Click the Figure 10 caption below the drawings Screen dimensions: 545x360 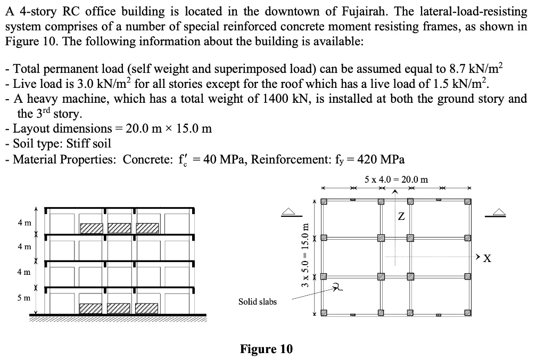[x=266, y=349]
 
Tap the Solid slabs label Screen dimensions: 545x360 [x=258, y=302]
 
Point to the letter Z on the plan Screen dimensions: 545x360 [x=401, y=217]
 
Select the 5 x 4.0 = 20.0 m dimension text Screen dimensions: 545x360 [x=396, y=179]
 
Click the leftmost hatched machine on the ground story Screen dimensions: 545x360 [x=92, y=308]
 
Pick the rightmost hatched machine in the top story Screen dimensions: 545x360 [x=148, y=228]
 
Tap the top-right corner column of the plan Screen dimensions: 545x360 [x=467, y=202]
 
